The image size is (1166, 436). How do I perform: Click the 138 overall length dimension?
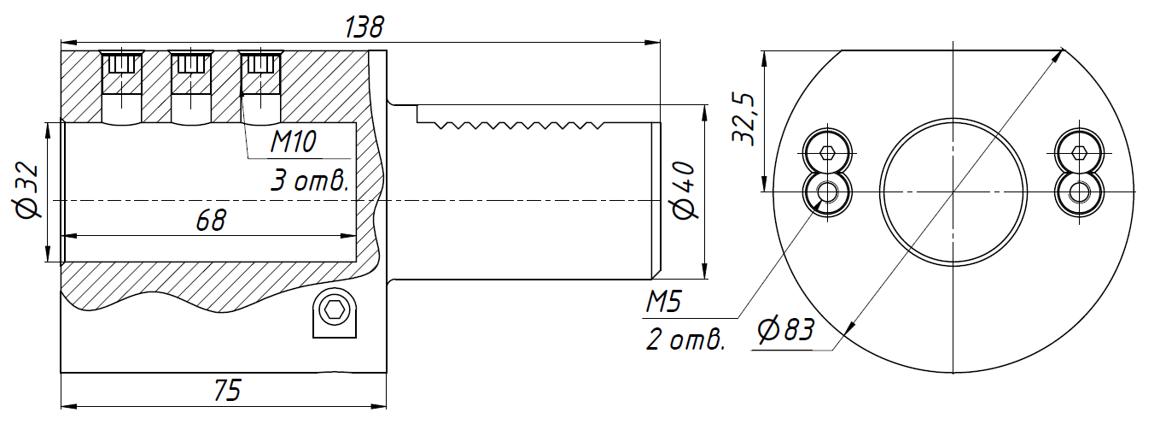(364, 27)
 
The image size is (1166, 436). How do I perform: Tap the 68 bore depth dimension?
(211, 220)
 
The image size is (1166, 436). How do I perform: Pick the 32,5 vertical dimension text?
(743, 120)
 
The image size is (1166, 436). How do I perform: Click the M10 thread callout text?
(293, 142)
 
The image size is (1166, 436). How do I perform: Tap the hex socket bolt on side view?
(335, 310)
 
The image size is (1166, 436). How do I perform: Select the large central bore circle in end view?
(953, 191)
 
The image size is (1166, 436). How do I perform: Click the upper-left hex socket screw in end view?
(827, 154)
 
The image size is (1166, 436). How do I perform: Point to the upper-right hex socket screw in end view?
(1079, 154)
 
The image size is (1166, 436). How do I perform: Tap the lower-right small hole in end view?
(1079, 191)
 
